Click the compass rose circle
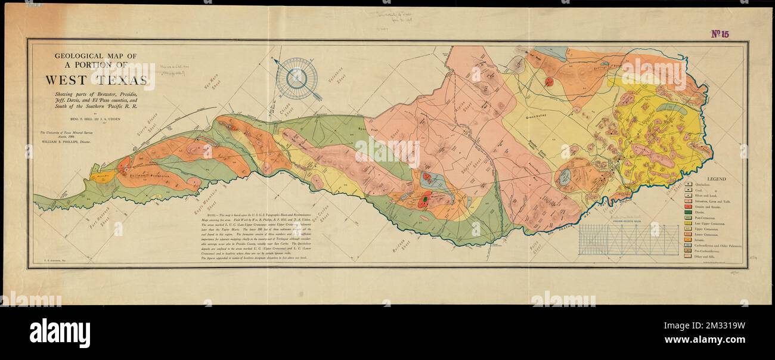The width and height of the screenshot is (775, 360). point(296,78)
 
